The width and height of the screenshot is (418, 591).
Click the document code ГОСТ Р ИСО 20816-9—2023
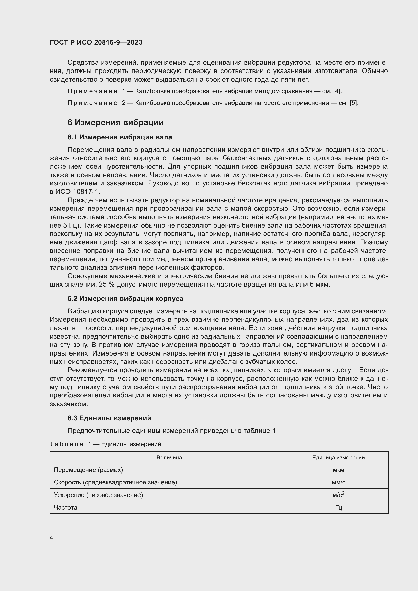pyautogui.click(x=96, y=42)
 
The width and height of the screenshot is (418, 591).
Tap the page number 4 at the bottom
pyautogui.click(x=52, y=537)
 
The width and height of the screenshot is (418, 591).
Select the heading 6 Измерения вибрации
pyautogui.click(x=115, y=122)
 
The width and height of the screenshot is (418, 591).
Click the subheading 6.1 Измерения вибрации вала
pyautogui.click(x=120, y=137)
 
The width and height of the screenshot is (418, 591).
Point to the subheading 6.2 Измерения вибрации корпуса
pyautogui.click(x=125, y=299)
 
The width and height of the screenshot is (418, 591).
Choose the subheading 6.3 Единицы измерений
pyautogui.click(x=109, y=418)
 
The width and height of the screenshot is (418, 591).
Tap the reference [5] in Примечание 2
pyautogui.click(x=354, y=103)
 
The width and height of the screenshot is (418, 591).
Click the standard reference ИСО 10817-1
pyautogui.click(x=78, y=192)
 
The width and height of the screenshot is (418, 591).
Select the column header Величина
pyautogui.click(x=169, y=457)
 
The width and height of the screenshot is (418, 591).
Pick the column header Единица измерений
pyautogui.click(x=338, y=457)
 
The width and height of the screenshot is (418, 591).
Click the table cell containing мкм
pyautogui.click(x=338, y=470)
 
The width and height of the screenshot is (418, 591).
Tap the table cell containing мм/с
pyautogui.click(x=338, y=482)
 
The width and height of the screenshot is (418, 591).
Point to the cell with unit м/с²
pyautogui.click(x=338, y=495)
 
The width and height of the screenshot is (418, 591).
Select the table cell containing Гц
pyautogui.click(x=338, y=508)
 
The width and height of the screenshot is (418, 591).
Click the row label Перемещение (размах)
pyautogui.click(x=88, y=470)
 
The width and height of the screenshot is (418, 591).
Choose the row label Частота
pyautogui.click(x=65, y=508)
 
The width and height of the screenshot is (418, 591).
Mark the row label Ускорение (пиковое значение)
pyautogui.click(x=98, y=495)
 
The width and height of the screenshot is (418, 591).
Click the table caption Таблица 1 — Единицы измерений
pyautogui.click(x=106, y=444)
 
